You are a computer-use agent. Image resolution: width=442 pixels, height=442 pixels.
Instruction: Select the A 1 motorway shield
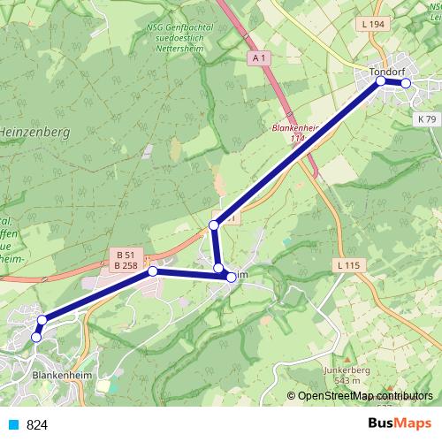258,58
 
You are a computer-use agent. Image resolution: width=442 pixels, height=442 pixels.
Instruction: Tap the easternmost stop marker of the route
407,83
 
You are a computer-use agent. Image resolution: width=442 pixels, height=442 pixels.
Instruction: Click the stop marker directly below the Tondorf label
381,80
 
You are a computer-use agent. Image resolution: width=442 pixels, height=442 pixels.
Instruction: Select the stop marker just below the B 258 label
153,271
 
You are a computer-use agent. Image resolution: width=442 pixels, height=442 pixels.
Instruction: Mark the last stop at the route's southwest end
36,337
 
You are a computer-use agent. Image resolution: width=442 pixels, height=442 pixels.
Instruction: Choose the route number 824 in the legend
37,425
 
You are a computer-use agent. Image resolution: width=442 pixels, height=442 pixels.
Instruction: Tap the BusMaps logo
399,424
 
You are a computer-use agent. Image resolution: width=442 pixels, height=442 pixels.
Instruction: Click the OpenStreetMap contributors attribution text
363,397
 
